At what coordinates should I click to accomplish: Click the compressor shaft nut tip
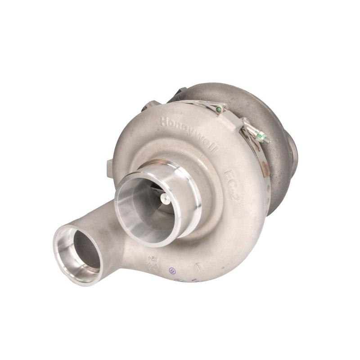(x=163, y=198)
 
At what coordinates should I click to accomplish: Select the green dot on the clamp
(x=219, y=109)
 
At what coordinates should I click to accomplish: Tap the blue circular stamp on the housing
(x=171, y=271)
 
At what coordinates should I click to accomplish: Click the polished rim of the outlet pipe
(x=67, y=270)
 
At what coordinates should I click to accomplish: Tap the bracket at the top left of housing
(x=151, y=106)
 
